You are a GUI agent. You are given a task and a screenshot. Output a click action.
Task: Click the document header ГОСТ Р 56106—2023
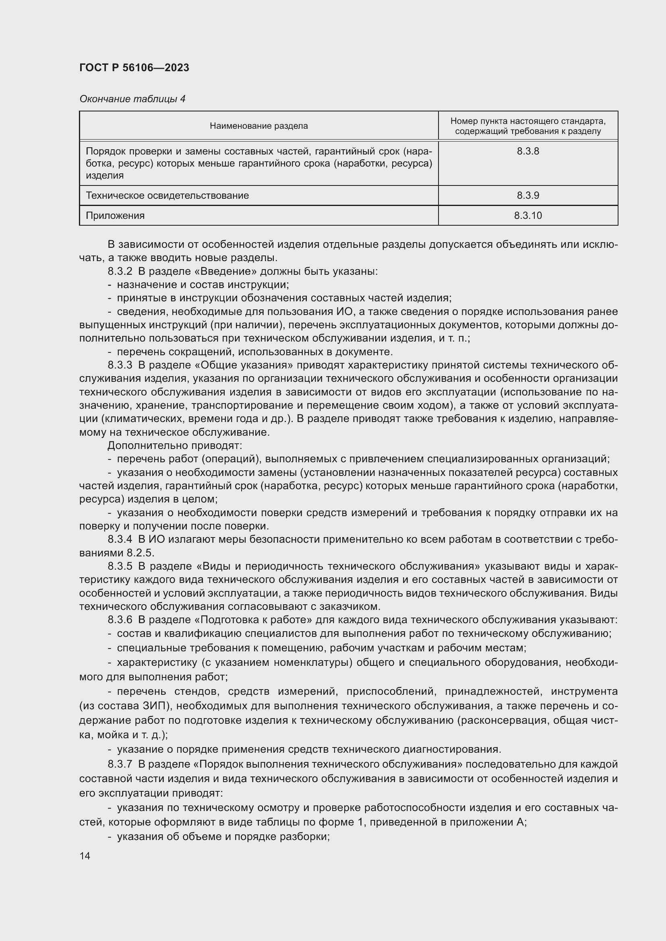134,68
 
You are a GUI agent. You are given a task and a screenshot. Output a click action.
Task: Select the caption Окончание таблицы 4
132,99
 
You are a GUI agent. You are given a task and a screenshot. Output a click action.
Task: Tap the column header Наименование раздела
259,126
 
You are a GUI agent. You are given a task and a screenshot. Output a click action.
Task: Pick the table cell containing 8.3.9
527,196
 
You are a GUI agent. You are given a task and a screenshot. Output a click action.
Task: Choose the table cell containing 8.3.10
527,216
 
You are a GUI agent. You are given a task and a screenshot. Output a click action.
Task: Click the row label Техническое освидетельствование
168,196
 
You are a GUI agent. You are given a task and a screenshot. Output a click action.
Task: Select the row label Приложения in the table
115,216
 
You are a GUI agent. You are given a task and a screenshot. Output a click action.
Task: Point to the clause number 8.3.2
120,271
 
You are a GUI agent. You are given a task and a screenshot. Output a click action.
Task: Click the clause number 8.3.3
120,365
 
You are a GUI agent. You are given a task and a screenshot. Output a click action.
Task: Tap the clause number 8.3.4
120,540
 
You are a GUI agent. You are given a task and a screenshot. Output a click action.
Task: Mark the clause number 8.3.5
120,566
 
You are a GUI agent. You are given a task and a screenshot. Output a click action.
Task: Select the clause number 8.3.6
120,620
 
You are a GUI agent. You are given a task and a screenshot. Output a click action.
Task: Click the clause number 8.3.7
120,764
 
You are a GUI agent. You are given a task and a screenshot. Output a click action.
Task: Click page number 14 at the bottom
85,856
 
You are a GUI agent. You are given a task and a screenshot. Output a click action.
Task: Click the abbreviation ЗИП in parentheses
155,706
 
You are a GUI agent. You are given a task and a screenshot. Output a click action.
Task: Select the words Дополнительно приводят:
175,445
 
